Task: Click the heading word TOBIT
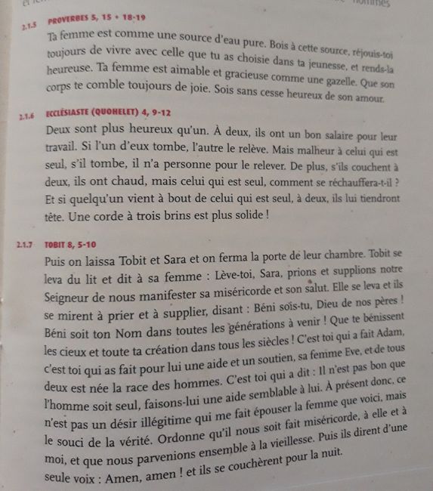[57, 244]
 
